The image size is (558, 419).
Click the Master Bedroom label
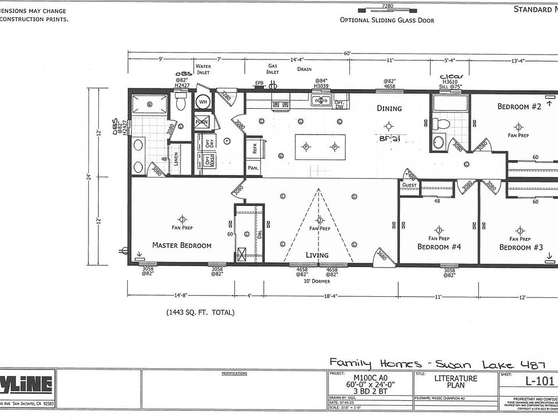pyautogui.click(x=182, y=245)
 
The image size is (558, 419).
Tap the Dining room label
pyautogui.click(x=389, y=108)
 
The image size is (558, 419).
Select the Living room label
pyautogui.click(x=317, y=255)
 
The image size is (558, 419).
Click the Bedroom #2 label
pyautogui.click(x=519, y=106)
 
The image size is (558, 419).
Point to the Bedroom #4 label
pyautogui.click(x=439, y=246)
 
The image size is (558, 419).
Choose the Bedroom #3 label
pyautogui.click(x=521, y=247)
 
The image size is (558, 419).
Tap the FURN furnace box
pyautogui.click(x=202, y=122)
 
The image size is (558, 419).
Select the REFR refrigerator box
pyautogui.click(x=254, y=148)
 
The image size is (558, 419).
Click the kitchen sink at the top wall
pyautogui.click(x=320, y=101)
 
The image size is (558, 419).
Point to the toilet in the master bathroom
pyautogui.click(x=181, y=104)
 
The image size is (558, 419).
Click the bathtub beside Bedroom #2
pyautogui.click(x=450, y=104)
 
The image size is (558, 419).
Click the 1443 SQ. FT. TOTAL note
pyautogui.click(x=201, y=313)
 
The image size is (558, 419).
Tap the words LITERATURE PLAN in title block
pyautogui.click(x=456, y=382)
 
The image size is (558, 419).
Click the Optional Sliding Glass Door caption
pyautogui.click(x=387, y=20)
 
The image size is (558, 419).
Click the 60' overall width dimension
pyautogui.click(x=347, y=53)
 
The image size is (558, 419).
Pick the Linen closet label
pyautogui.click(x=177, y=159)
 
